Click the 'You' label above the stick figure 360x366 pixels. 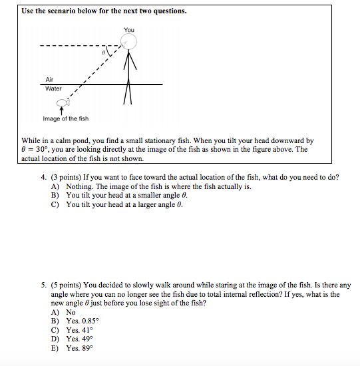(128, 30)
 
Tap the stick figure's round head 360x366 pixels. (128, 43)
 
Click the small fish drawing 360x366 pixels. (63, 103)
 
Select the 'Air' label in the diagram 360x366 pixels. (49, 79)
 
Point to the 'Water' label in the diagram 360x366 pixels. (53, 89)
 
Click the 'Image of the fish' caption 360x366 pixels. (65, 118)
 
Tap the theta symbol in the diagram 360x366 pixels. (103, 51)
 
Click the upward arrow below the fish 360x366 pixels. (63, 111)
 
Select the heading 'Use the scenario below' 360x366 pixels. (104, 11)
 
